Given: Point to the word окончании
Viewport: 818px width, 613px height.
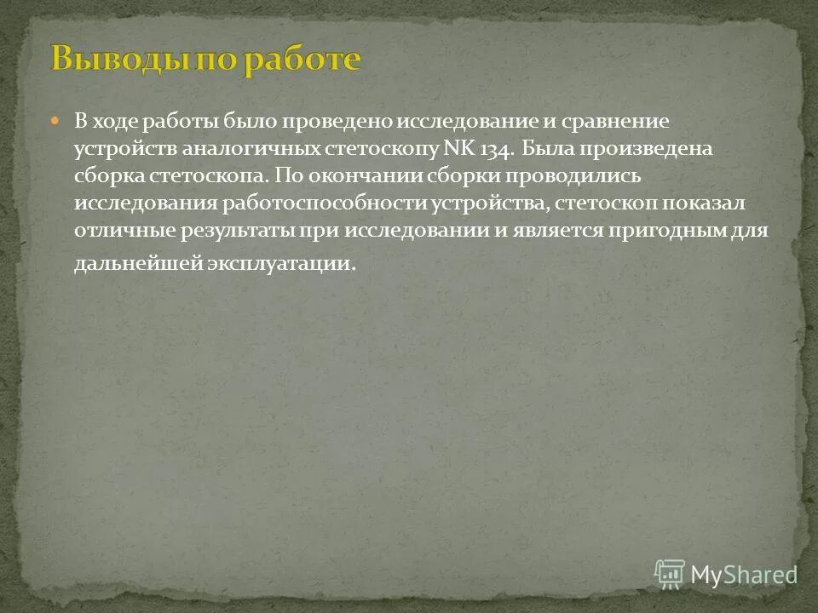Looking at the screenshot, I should (x=359, y=176).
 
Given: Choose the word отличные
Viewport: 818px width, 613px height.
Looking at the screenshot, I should (x=122, y=231).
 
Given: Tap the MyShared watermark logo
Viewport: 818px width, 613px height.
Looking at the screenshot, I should (x=724, y=574).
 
